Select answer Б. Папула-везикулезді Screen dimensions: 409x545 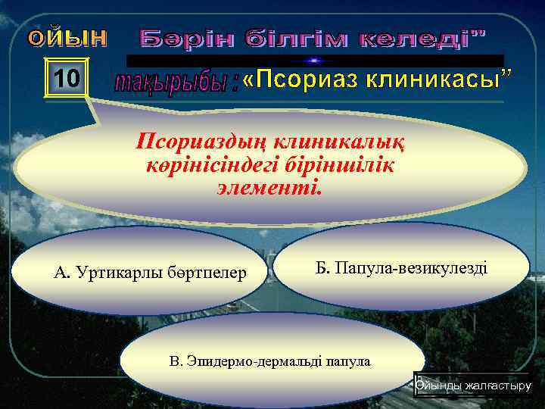coord(401,267)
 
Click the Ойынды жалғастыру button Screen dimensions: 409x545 coord(473,386)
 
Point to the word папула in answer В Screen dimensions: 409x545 coord(347,361)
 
